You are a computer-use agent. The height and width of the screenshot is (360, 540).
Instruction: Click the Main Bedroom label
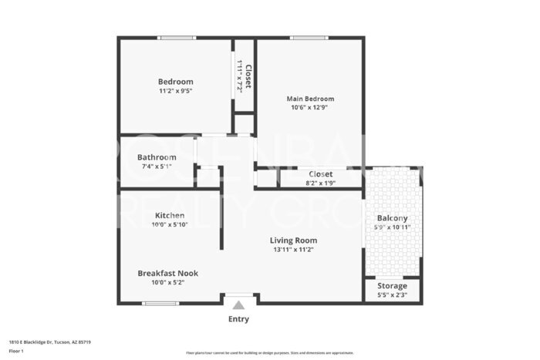click(x=310, y=99)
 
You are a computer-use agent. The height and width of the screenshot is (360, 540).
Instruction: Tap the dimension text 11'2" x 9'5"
click(x=175, y=91)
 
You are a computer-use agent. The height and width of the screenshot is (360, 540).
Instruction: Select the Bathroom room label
click(x=157, y=157)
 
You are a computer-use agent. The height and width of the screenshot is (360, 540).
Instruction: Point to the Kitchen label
click(x=169, y=215)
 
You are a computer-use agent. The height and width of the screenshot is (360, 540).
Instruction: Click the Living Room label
click(x=293, y=241)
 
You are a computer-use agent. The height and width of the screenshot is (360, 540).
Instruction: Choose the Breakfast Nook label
click(x=167, y=273)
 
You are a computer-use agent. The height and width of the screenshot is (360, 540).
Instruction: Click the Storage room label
click(x=392, y=285)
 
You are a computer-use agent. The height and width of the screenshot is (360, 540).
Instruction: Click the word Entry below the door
click(x=238, y=319)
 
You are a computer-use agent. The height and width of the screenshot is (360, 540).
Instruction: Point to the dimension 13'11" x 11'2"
click(x=295, y=250)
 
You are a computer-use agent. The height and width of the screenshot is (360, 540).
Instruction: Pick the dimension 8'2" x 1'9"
click(x=320, y=183)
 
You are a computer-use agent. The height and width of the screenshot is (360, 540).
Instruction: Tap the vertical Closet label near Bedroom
click(x=248, y=76)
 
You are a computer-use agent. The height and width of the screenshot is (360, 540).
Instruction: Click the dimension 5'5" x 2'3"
click(x=392, y=294)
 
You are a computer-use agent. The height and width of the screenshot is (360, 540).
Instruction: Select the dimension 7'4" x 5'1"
click(x=157, y=167)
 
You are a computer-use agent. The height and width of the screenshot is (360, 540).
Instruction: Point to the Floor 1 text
click(x=16, y=351)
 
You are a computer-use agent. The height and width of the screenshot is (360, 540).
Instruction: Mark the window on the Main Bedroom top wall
click(x=309, y=37)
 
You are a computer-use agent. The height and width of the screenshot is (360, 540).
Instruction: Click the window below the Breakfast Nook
click(x=161, y=303)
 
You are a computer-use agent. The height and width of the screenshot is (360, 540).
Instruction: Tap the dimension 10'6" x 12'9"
click(x=310, y=108)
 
